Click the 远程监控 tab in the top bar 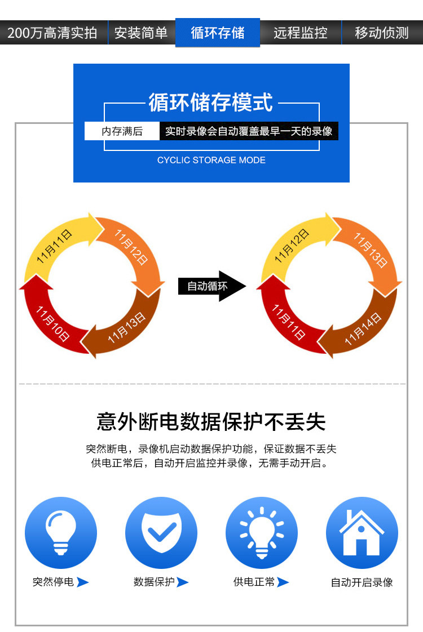[x=301, y=33]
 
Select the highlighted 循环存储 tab [x=218, y=33]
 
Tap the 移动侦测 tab [x=382, y=33]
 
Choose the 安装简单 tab [x=141, y=33]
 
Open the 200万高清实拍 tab [x=52, y=33]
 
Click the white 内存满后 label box [x=122, y=131]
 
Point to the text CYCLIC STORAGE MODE [x=211, y=160]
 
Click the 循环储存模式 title [x=211, y=103]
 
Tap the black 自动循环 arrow [x=211, y=286]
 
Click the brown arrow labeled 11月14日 [x=361, y=330]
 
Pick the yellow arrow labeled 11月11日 [x=56, y=245]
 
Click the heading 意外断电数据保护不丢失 [x=211, y=421]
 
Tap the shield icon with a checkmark [x=161, y=532]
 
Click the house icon [x=362, y=532]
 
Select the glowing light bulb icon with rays [x=262, y=532]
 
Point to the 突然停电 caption [x=54, y=582]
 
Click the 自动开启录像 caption [x=362, y=582]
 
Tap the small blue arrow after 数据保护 [x=182, y=582]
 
